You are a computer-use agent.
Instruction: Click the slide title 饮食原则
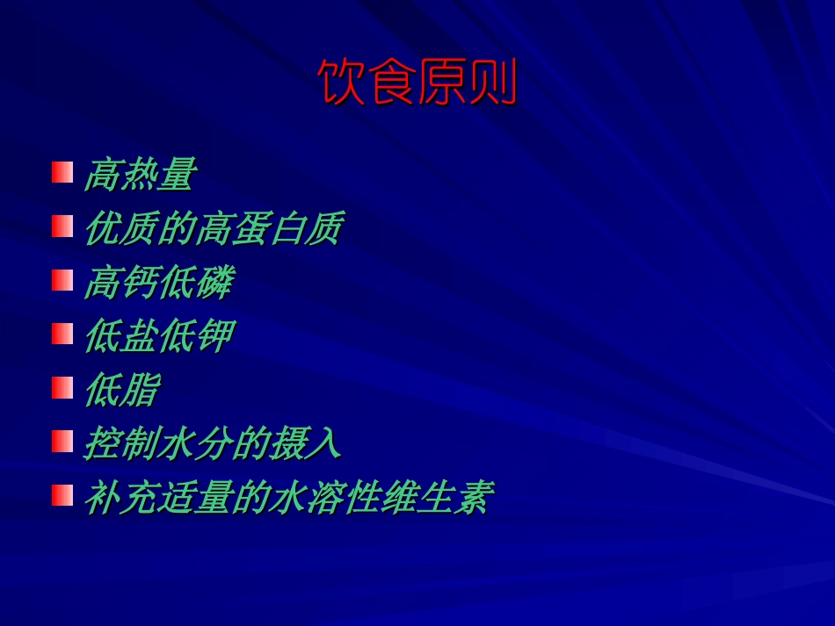[417, 83]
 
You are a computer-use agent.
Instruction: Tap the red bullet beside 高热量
[62, 172]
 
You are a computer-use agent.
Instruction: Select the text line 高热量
[139, 175]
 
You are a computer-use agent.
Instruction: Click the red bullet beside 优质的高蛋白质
[62, 227]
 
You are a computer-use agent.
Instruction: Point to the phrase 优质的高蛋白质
[212, 229]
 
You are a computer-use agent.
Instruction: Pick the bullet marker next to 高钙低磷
[62, 280]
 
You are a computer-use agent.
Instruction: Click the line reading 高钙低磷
[158, 283]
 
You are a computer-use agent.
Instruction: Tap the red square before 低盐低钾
[62, 334]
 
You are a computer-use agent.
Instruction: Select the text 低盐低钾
[158, 336]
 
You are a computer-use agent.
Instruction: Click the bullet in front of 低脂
[62, 387]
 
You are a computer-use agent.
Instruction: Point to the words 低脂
[121, 390]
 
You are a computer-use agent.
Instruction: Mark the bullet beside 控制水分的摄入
[62, 441]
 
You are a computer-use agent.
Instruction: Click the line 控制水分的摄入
[212, 443]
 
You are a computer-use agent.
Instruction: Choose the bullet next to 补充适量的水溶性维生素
[62, 495]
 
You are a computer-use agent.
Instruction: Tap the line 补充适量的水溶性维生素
[287, 498]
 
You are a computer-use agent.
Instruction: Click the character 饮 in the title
[341, 83]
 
